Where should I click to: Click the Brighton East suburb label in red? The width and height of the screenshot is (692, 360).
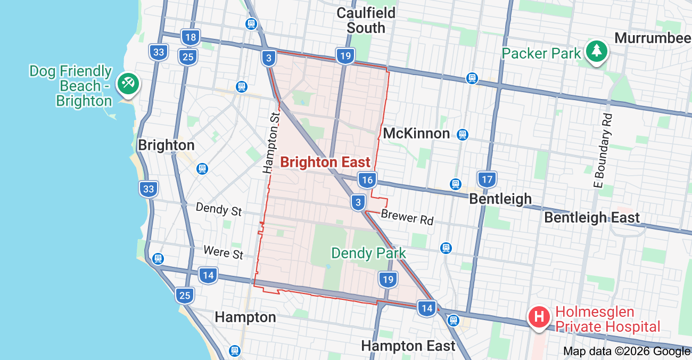point(325,162)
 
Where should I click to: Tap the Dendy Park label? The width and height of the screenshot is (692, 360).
point(368,253)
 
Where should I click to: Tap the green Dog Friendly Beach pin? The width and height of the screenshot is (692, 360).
point(128,83)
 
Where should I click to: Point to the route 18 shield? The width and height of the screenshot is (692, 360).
point(191,37)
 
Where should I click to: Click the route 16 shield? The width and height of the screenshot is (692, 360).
point(366,180)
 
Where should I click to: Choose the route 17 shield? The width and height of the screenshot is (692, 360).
point(487,179)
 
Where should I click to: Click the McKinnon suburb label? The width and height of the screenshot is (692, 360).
point(416,133)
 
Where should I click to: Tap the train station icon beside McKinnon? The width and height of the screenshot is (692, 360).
point(462,135)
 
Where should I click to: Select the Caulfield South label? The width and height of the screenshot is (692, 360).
point(366,20)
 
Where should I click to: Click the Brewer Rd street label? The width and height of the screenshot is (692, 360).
point(407,217)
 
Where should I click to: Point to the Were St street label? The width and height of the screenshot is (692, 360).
point(223,251)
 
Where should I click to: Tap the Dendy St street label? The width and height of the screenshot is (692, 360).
point(218,209)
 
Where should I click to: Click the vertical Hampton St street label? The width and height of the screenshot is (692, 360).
point(271,142)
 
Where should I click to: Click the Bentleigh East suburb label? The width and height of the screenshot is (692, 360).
point(591,217)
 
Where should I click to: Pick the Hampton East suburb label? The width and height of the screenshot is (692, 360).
point(408,346)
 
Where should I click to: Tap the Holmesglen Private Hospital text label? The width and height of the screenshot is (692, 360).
point(607,319)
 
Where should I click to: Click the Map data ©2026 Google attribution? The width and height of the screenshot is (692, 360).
point(627,351)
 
